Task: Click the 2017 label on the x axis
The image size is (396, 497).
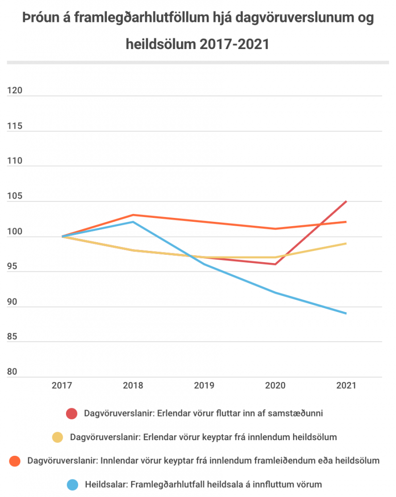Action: coord(62,386)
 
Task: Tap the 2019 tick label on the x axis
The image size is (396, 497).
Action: coord(204,386)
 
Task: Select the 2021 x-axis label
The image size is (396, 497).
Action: coord(346,386)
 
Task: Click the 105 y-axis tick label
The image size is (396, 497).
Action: coord(15,197)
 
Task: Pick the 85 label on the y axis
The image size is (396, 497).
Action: coord(12,337)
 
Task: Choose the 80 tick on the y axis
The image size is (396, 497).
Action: coord(12,372)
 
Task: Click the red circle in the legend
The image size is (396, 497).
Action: coord(72,414)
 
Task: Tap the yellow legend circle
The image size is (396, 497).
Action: coord(58,437)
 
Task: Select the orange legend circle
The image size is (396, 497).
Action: coord(16,461)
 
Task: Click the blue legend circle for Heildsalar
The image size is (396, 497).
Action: coord(72,484)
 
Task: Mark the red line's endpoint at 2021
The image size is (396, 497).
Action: coord(346,201)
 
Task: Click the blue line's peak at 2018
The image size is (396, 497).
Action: coord(133,222)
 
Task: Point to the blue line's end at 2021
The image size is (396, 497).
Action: coord(346,314)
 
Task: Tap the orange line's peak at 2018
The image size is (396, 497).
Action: coord(133,215)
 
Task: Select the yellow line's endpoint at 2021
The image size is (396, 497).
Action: coord(346,243)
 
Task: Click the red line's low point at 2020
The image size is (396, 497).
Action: coord(275,264)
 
